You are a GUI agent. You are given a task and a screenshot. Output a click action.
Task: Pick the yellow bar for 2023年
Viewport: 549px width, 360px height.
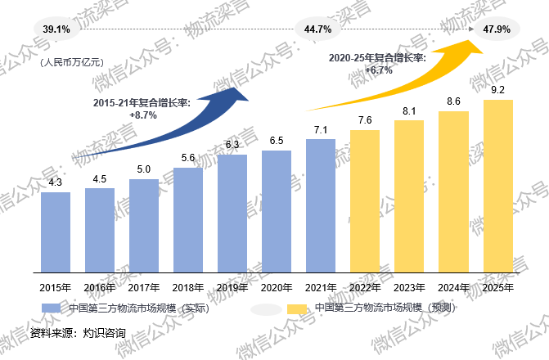409,196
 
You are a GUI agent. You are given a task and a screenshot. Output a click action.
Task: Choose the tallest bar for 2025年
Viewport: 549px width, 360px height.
497,186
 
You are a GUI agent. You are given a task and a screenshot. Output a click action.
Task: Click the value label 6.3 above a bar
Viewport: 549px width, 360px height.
232,144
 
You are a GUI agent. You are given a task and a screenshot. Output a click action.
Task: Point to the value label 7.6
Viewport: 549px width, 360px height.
365,120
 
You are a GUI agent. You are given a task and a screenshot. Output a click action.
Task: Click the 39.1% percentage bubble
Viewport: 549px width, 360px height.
56,29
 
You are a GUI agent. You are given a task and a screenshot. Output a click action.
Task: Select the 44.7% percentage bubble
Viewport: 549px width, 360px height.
317,29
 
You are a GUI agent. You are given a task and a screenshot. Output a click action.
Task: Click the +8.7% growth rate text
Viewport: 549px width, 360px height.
143,115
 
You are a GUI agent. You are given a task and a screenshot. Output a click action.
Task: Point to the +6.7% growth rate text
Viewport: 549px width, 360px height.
379,70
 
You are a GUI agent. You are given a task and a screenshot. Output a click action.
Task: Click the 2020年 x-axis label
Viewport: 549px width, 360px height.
277,287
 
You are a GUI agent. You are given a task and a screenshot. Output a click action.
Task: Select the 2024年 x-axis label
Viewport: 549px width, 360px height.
453,287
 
